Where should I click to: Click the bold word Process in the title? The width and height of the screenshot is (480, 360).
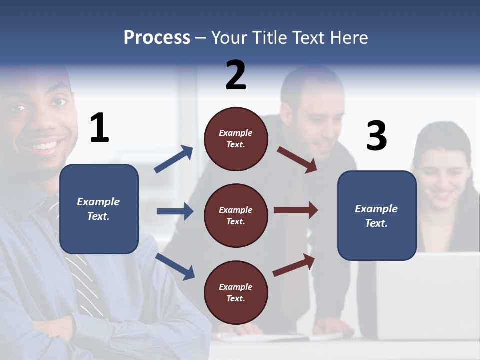[x=157, y=37]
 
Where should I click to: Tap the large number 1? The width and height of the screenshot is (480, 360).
[x=99, y=128]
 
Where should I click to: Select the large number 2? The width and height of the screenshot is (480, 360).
[x=236, y=75]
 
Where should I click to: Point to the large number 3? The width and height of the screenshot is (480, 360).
[x=376, y=136]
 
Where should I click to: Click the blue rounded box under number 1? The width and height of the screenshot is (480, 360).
[x=99, y=209]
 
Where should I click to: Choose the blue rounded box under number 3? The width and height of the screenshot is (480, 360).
[x=377, y=215]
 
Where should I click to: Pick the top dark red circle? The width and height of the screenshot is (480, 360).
[x=236, y=139]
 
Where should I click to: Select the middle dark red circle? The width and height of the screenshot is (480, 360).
[x=236, y=215]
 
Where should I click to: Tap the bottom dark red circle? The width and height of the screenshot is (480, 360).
[x=236, y=292]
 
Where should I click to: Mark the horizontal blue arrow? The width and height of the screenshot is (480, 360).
[x=175, y=211]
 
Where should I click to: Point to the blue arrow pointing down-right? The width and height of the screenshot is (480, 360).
[x=175, y=266]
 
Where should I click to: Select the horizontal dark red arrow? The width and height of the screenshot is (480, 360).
[x=295, y=210]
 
